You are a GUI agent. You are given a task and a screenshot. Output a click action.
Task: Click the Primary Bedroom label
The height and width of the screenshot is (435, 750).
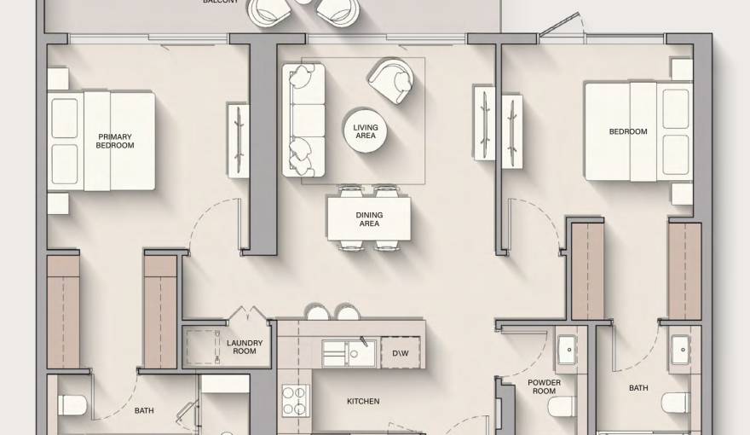(115, 141)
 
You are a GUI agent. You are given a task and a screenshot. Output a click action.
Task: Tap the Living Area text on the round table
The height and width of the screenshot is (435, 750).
(366, 132)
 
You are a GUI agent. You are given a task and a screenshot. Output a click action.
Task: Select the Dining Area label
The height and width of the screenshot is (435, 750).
(368, 219)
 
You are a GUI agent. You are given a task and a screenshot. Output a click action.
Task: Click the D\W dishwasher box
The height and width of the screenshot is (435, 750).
(400, 352)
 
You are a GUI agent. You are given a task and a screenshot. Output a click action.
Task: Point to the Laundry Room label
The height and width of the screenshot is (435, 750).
(245, 347)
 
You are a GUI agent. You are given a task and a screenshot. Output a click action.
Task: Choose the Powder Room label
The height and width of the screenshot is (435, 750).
(544, 387)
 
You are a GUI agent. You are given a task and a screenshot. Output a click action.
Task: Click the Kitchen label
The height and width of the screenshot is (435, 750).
(363, 401)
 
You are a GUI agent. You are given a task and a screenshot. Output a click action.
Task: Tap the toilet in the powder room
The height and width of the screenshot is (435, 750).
(563, 406)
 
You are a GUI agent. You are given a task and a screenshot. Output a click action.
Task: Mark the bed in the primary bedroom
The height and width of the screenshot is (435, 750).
(102, 142)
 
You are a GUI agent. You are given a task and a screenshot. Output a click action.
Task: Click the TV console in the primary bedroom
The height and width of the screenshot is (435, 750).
(239, 140)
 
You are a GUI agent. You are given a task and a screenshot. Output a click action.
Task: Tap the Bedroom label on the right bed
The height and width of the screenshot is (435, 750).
(627, 131)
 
